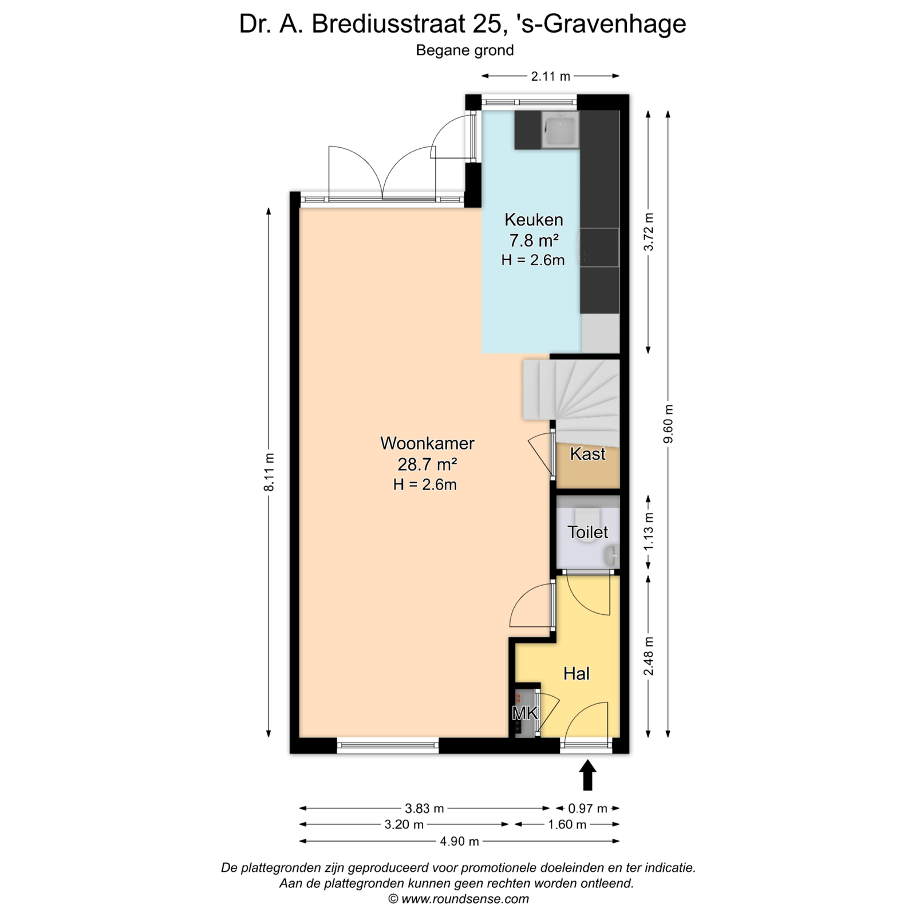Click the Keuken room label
[x=534, y=220]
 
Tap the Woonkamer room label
[x=428, y=443]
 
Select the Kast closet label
[x=587, y=454]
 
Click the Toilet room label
[x=587, y=532]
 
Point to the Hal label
[x=577, y=674]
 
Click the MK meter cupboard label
[x=525, y=713]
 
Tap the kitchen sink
[x=560, y=130]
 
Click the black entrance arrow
[x=588, y=775]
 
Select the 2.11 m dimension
[x=550, y=76]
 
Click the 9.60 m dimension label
[x=668, y=424]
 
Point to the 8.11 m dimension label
[x=269, y=472]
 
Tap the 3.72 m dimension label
[x=648, y=232]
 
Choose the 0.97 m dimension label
[x=587, y=809]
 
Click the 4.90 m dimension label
[x=459, y=842]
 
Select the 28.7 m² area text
[x=427, y=464]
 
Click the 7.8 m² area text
[x=534, y=240]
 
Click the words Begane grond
[x=465, y=50]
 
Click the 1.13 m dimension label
[x=648, y=532]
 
